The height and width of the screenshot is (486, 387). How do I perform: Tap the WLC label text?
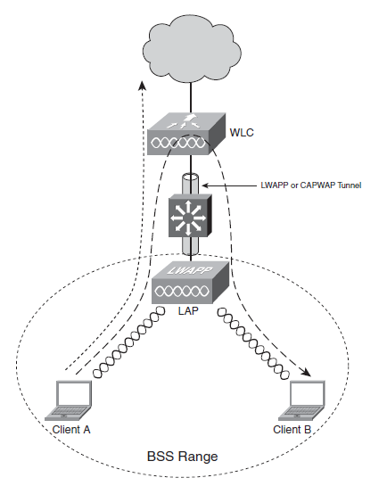point(242,132)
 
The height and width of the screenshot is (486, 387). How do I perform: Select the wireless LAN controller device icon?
point(186,134)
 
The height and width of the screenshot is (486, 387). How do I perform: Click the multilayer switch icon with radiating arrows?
point(190,216)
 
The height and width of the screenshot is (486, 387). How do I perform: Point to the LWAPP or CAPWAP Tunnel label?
point(311,185)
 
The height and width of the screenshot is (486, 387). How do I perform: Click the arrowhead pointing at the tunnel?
point(205,185)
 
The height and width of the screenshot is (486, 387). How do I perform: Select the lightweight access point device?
point(191,283)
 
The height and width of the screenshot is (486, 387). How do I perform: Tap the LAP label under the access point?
point(188,310)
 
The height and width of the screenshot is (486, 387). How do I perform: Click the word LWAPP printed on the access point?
point(190,270)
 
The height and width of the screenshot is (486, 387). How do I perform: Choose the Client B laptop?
point(302,400)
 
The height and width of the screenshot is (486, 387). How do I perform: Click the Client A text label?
point(71,430)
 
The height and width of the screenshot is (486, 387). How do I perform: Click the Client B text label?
point(292,430)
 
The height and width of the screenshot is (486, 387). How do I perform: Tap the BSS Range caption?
point(182,457)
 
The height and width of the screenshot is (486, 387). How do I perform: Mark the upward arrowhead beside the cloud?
point(142,86)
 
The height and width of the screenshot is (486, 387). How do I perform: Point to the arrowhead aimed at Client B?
point(306,372)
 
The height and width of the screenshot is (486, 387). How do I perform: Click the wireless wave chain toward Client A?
point(129,342)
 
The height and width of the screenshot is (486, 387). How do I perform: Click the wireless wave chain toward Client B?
point(253,343)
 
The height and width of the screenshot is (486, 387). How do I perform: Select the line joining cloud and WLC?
point(191,98)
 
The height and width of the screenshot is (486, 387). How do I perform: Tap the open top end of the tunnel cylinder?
point(190,177)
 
